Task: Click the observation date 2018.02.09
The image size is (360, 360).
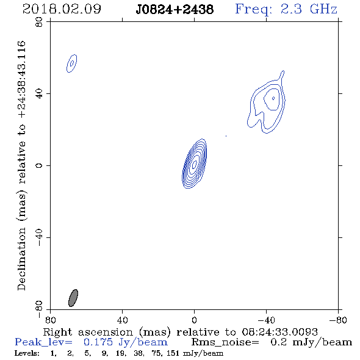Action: pyautogui.click(x=62, y=9)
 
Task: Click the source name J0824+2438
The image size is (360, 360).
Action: pyautogui.click(x=175, y=9)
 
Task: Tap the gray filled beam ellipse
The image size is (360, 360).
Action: pyautogui.click(x=73, y=298)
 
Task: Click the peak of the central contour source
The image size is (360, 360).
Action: pyautogui.click(x=195, y=164)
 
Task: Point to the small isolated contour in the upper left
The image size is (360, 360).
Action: pyautogui.click(x=71, y=63)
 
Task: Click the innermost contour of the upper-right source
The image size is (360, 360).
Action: pyautogui.click(x=273, y=98)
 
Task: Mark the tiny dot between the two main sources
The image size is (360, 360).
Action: pyautogui.click(x=226, y=136)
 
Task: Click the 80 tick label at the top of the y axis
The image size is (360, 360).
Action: pyautogui.click(x=39, y=22)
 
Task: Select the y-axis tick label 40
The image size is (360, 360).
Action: pyautogui.click(x=39, y=94)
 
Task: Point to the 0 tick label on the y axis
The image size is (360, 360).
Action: pyautogui.click(x=39, y=165)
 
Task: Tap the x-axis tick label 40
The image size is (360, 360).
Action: pyautogui.click(x=122, y=320)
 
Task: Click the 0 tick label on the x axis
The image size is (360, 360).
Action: pyautogui.click(x=194, y=320)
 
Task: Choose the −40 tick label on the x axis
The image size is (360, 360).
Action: pyautogui.click(x=266, y=320)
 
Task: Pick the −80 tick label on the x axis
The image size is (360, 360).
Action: pyautogui.click(x=338, y=320)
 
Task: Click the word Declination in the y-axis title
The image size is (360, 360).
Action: pyautogui.click(x=21, y=259)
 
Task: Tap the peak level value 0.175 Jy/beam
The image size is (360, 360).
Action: pyautogui.click(x=126, y=342)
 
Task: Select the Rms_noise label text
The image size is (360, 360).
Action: pyautogui.click(x=225, y=342)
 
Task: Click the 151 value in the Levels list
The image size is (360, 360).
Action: pyautogui.click(x=174, y=353)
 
